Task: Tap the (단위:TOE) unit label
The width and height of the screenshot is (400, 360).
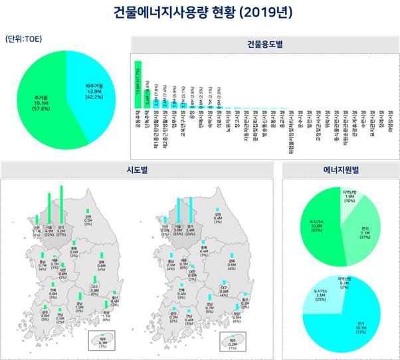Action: point(23,38)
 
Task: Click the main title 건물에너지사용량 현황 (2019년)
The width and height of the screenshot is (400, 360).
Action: point(199,12)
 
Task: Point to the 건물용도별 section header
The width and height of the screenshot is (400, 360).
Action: point(264,45)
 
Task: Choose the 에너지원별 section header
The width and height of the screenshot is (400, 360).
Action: point(338,169)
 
